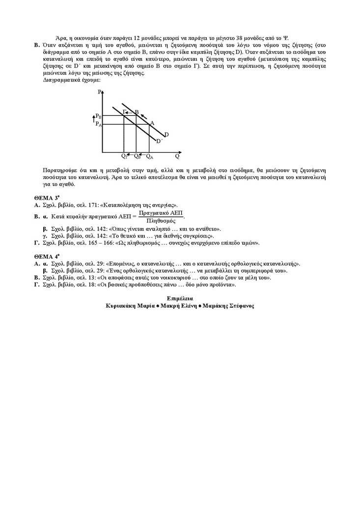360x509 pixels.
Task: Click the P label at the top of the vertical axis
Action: pyautogui.click(x=99, y=92)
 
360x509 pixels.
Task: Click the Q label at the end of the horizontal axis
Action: pyautogui.click(x=177, y=157)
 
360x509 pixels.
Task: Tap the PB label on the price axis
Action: pyautogui.click(x=98, y=116)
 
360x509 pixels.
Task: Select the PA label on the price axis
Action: pyautogui.click(x=98, y=124)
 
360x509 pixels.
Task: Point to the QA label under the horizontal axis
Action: pyautogui.click(x=150, y=157)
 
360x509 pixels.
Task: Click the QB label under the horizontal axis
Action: pyautogui.click(x=138, y=157)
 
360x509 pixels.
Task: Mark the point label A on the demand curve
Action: pyautogui.click(x=152, y=123)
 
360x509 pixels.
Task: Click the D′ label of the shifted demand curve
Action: pyautogui.click(x=159, y=141)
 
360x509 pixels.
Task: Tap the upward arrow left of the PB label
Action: pyautogui.click(x=92, y=117)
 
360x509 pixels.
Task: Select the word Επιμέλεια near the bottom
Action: pyautogui.click(x=180, y=298)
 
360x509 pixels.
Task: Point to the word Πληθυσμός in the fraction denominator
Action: pyautogui.click(x=161, y=220)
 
